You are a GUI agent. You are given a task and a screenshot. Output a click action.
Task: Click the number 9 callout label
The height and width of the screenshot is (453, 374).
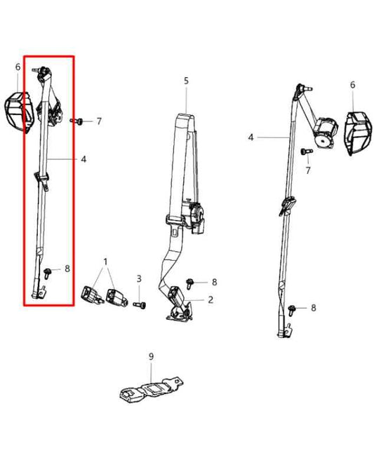click(151, 357)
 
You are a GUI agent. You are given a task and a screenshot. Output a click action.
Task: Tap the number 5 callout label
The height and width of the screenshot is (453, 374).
click(186, 81)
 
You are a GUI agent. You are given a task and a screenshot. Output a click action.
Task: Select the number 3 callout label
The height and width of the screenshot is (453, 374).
click(139, 279)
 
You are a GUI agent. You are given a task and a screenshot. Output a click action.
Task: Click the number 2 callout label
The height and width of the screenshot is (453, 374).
click(211, 299)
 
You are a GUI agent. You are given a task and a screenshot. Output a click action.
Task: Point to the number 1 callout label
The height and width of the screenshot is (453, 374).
click(105, 262)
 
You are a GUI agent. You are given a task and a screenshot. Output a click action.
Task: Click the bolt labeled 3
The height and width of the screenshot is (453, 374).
click(140, 304)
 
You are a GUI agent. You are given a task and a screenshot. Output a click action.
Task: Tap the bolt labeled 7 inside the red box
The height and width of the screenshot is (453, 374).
click(76, 121)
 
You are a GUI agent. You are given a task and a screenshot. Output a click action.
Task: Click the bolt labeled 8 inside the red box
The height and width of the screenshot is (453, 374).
click(46, 273)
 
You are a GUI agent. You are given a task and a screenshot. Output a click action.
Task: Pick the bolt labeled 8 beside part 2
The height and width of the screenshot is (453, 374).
click(190, 283)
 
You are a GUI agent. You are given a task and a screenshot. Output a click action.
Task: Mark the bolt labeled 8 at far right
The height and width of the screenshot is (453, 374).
click(291, 310)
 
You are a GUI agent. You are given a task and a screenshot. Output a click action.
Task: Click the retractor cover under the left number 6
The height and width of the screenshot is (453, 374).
click(19, 111)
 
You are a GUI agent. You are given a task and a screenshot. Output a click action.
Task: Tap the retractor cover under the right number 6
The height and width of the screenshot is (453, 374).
click(358, 133)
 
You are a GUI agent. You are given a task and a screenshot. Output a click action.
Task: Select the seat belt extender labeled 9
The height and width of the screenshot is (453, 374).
click(151, 389)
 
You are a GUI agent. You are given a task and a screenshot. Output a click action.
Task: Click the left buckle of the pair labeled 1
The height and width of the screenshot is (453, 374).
click(92, 296)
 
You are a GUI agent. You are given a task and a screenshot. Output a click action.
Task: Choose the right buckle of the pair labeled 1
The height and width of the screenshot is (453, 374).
click(117, 297)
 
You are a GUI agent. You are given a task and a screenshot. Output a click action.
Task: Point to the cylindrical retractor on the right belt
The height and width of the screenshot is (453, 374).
click(326, 133)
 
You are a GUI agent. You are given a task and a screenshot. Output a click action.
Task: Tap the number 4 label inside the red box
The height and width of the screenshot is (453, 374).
click(84, 159)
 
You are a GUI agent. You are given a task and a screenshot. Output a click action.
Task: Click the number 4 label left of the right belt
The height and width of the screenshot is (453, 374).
click(251, 137)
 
